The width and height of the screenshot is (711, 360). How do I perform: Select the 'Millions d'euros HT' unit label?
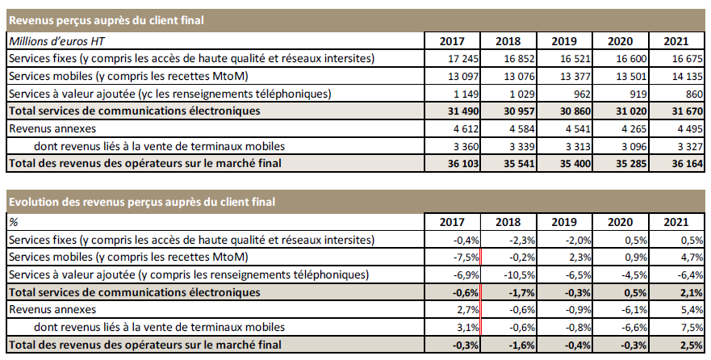coord(56,40)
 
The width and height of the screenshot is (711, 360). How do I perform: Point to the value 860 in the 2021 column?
coord(691,94)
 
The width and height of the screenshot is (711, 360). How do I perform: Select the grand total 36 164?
coord(683,164)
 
